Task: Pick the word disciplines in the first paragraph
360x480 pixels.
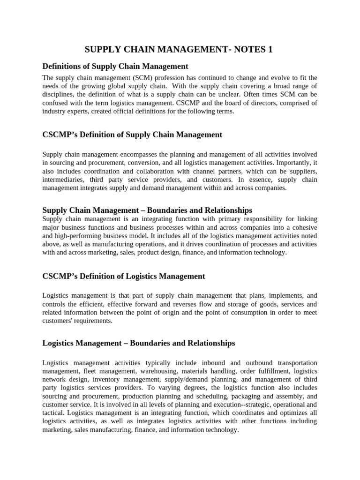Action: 59,94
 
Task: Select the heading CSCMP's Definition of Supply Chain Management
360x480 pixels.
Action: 132,135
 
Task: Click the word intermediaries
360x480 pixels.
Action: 63,180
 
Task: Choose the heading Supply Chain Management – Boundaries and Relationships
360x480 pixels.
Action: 147,210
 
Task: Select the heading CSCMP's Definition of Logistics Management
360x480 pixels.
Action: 124,276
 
